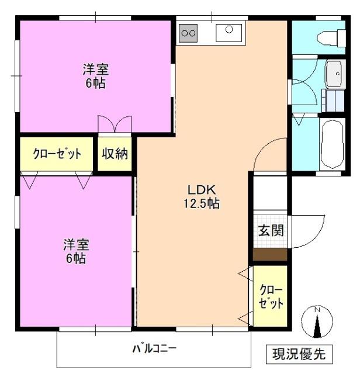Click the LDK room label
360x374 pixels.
tap(202, 189)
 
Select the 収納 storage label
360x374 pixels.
tap(115, 155)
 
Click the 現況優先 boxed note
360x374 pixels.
tap(302, 354)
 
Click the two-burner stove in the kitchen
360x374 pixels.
tap(188, 33)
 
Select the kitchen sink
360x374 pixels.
tap(229, 32)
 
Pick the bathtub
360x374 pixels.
tap(333, 145)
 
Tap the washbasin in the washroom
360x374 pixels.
tap(335, 74)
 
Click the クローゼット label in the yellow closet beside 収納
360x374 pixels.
tap(57, 155)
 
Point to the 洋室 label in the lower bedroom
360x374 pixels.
tap(75, 244)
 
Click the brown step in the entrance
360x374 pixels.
tap(270, 255)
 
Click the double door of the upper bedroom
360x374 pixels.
tap(115, 124)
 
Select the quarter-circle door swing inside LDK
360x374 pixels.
tap(269, 154)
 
